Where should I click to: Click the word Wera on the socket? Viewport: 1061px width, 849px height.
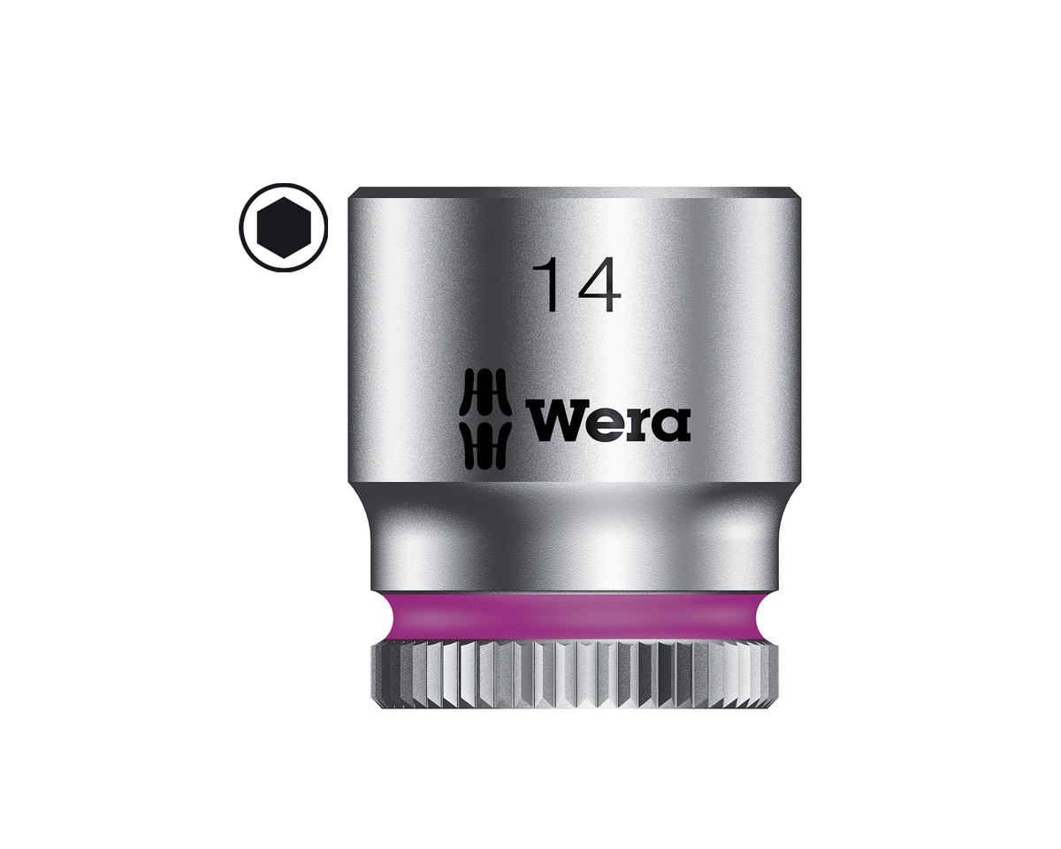click(608, 425)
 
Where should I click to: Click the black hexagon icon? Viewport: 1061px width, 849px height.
click(284, 227)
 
